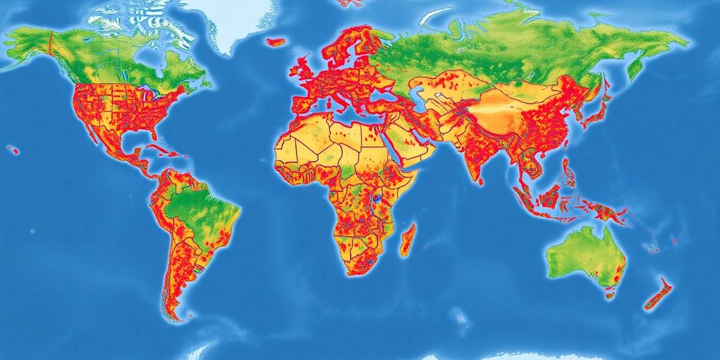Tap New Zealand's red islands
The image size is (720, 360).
(x=658, y=294)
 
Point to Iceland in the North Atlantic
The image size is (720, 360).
(x=277, y=42)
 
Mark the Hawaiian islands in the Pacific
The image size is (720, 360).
(x=13, y=149)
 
